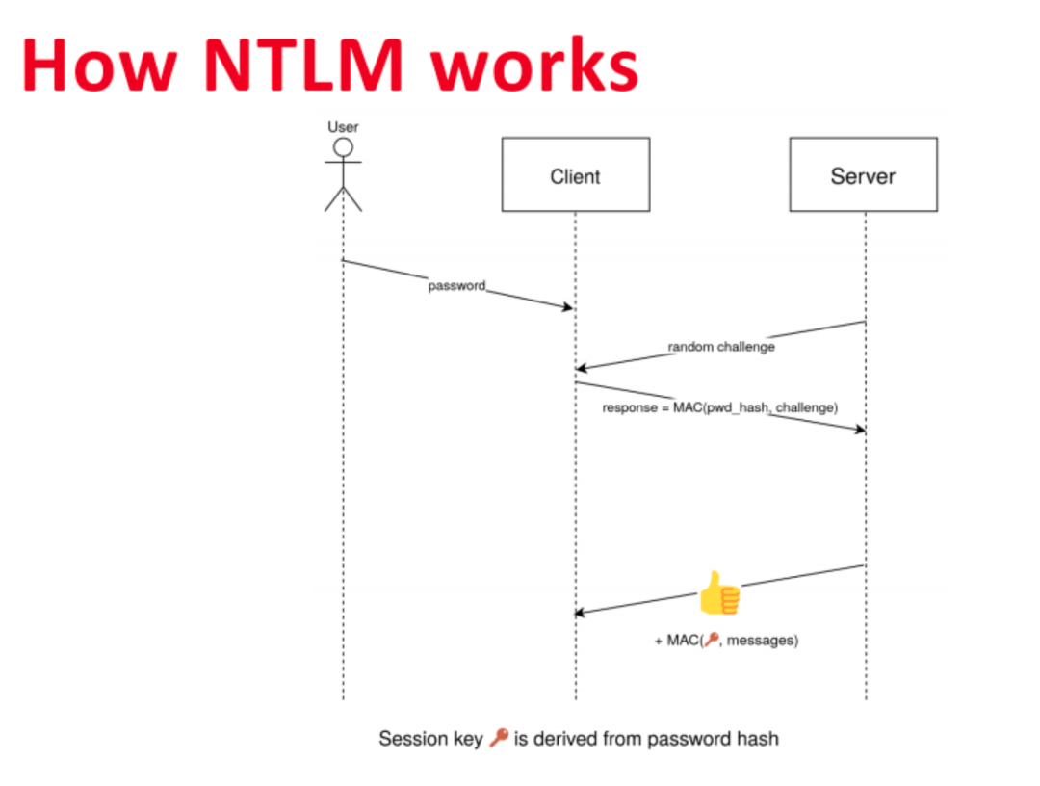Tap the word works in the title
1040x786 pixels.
coord(533,65)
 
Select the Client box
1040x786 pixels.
coord(575,175)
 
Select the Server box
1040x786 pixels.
coord(863,175)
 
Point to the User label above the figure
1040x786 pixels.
coord(343,126)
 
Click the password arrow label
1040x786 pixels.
coord(456,286)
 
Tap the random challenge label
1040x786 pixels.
coord(721,347)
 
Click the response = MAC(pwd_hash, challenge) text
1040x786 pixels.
coord(720,407)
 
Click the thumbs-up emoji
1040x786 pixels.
coord(719,593)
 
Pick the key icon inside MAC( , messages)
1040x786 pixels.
coord(712,640)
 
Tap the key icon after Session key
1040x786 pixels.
coord(498,740)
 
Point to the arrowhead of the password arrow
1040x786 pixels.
coord(569,307)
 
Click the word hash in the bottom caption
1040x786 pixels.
coord(760,740)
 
